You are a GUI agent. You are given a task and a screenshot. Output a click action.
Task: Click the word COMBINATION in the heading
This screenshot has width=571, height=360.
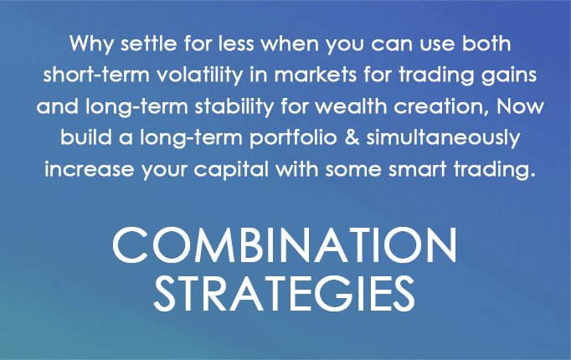click(285, 244)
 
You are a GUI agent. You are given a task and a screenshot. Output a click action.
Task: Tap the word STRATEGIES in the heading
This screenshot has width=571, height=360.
click(285, 293)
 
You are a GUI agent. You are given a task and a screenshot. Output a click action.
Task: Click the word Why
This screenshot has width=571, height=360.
click(91, 44)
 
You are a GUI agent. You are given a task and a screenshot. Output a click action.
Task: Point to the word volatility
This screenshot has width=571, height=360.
click(199, 75)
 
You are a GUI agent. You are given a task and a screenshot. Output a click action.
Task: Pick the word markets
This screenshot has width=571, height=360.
click(316, 75)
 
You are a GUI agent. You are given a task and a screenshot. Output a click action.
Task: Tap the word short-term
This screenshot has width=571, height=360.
click(96, 75)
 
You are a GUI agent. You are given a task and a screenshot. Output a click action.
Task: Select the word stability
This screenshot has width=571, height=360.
click(234, 107)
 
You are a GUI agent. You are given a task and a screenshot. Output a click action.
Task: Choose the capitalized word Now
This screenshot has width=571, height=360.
click(521, 106)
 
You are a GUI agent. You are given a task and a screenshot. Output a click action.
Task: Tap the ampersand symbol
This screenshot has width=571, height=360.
click(352, 137)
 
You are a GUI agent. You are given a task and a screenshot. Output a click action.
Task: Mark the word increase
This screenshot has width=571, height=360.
click(90, 170)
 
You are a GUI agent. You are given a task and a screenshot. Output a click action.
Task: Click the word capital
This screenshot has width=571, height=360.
click(231, 170)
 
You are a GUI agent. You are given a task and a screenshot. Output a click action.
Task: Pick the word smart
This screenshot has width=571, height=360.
click(417, 170)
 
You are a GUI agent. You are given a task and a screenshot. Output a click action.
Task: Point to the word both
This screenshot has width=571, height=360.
click(486, 43)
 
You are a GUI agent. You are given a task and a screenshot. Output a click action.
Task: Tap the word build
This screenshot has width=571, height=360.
click(85, 137)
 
